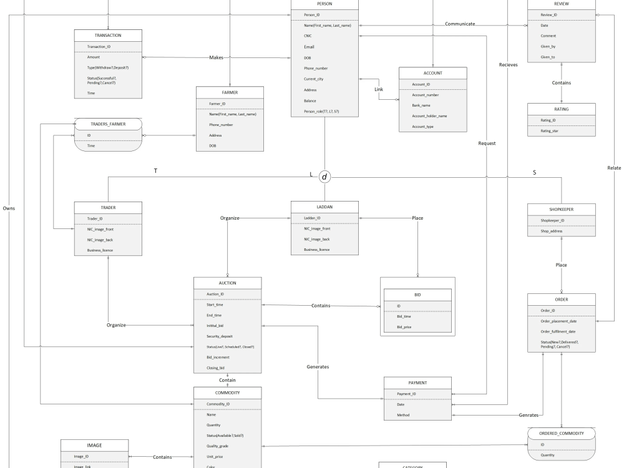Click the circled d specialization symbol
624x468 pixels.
click(324, 177)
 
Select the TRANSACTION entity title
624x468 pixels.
click(108, 36)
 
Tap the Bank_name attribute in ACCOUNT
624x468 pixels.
click(422, 105)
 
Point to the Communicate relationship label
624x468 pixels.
click(460, 24)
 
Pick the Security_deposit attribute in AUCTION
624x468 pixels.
click(220, 336)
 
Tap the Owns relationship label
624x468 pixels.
click(9, 208)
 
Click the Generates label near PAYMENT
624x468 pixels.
click(318, 366)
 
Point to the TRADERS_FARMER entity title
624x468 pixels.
click(108, 124)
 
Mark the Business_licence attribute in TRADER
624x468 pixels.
click(100, 250)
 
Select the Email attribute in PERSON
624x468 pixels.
click(309, 47)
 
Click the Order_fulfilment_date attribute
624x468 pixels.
click(558, 331)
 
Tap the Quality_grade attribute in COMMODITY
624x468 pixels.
click(218, 446)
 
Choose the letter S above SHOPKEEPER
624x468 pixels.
click(534, 172)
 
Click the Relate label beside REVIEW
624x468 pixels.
click(613, 168)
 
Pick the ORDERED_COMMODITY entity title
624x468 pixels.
click(562, 433)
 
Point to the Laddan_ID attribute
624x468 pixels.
click(312, 218)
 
